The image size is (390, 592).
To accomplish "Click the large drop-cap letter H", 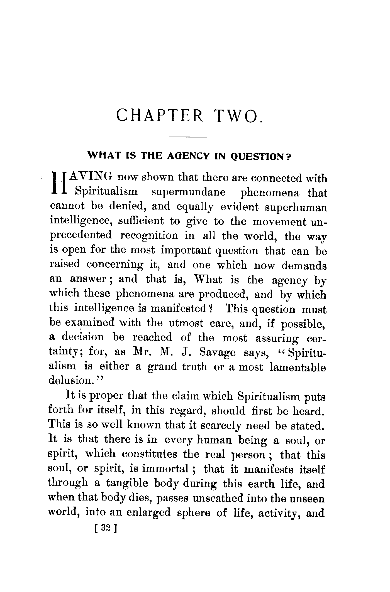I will click(59, 184).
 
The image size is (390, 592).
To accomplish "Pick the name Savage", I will click(217, 353).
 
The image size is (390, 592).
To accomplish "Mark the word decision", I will click(82, 337).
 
